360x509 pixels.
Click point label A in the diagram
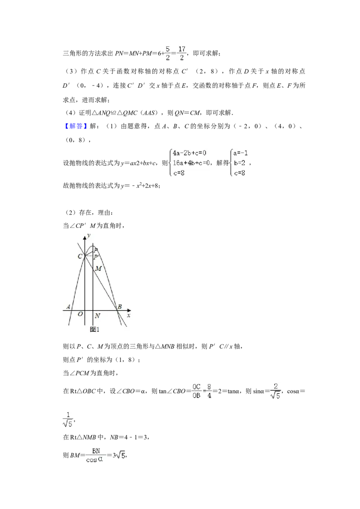click(x=68, y=307)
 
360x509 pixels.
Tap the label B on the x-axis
click(x=120, y=307)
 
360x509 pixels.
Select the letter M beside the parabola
click(x=99, y=268)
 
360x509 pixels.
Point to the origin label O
click(x=80, y=314)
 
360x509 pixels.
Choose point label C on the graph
click(x=80, y=256)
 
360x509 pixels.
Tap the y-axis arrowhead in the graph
click(x=85, y=238)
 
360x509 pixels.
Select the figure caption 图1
click(x=94, y=329)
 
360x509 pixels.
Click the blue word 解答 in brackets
click(x=76, y=126)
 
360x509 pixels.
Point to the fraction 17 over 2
click(x=182, y=53)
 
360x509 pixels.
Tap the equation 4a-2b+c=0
click(x=189, y=152)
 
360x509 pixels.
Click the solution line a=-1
click(x=240, y=152)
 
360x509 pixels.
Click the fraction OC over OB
click(x=197, y=391)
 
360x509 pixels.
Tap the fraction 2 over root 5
click(x=275, y=391)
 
